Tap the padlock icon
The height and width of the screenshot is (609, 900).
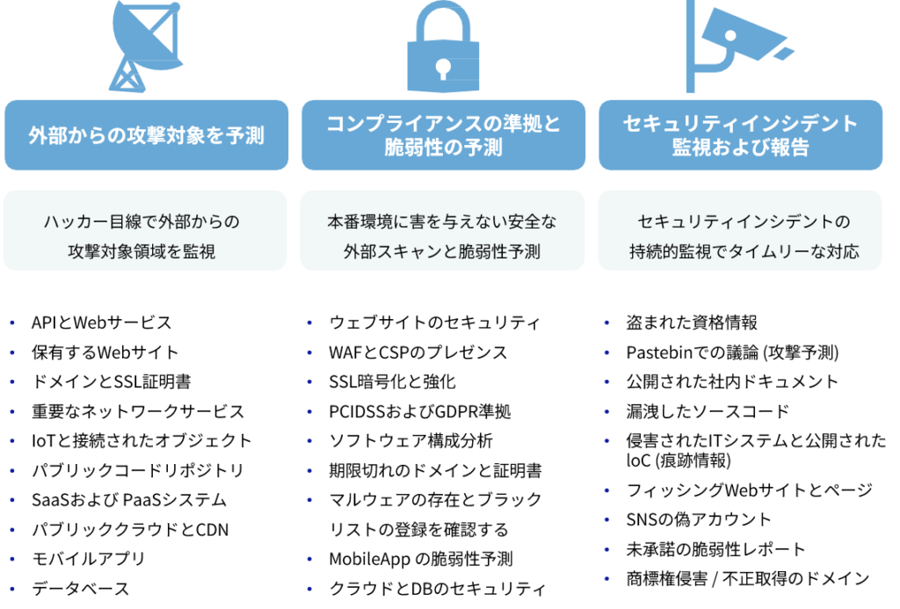point(443,46)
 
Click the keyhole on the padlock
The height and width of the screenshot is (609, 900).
point(443,69)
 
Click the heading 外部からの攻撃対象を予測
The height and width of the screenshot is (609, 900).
point(147,135)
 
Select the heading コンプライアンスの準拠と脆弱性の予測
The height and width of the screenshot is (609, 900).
point(443,135)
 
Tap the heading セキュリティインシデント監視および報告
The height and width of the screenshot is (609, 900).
point(740,135)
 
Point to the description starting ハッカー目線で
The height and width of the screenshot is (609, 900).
point(142,236)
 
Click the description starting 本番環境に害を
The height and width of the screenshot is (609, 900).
point(442,236)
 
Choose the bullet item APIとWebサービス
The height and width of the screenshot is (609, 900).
point(102,323)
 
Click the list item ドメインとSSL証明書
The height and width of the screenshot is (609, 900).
point(112,381)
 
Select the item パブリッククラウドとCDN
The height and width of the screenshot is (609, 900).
point(130,529)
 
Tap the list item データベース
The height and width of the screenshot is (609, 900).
point(80,588)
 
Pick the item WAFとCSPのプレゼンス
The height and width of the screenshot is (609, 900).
point(418,352)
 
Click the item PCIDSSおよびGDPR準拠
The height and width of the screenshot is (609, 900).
point(420,411)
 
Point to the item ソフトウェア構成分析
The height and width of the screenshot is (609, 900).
point(411,441)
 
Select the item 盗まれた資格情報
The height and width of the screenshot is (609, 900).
point(692,323)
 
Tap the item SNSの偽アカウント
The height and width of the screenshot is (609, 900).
point(699,519)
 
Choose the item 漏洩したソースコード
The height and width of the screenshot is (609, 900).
point(708,411)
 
